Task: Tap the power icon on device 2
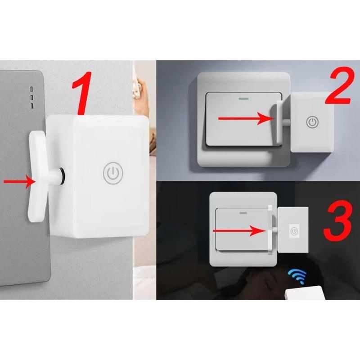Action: (312, 122)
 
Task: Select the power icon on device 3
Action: (294, 231)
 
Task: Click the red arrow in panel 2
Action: (243, 119)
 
